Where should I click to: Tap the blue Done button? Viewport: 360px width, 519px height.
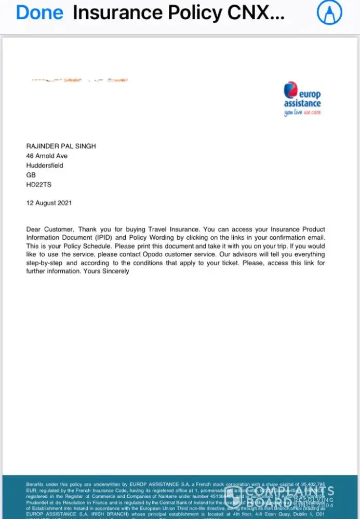click(x=39, y=13)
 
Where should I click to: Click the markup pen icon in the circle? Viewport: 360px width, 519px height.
click(x=329, y=13)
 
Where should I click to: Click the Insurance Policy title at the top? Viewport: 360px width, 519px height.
click(x=179, y=13)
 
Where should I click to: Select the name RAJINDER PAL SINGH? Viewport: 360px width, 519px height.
click(x=61, y=146)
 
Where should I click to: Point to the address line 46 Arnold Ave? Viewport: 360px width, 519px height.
click(x=47, y=156)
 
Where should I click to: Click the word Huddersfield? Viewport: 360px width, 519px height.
click(x=45, y=166)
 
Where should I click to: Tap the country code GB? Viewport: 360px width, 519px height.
click(x=31, y=175)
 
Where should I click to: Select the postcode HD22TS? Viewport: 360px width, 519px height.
click(x=39, y=184)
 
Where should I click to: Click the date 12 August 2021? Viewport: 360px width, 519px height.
click(x=49, y=203)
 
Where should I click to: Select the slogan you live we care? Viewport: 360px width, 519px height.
click(x=302, y=113)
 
